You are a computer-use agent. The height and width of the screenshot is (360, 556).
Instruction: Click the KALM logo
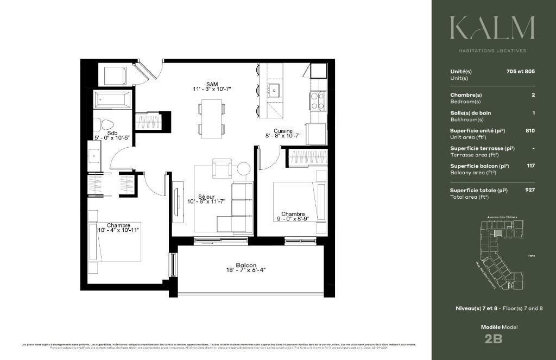(x=492, y=28)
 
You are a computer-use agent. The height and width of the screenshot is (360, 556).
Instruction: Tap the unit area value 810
(x=530, y=131)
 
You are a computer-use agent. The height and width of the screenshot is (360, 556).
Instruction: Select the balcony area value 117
(x=530, y=166)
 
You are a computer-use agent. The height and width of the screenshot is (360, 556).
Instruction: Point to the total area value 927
(x=530, y=190)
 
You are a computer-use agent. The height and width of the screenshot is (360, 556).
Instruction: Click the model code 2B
(x=493, y=339)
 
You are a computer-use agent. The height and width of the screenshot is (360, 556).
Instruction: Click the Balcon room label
(x=246, y=265)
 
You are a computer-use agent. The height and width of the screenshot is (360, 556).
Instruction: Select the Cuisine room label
(x=283, y=131)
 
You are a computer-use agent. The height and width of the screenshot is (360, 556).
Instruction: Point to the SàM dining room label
(x=211, y=84)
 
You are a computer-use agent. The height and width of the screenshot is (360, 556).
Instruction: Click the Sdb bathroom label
(x=112, y=132)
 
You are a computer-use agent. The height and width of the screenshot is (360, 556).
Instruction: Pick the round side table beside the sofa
(x=244, y=169)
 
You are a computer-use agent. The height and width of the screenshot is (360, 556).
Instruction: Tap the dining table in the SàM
(x=211, y=117)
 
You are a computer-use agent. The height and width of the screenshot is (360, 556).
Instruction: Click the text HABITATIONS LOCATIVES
(x=492, y=51)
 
